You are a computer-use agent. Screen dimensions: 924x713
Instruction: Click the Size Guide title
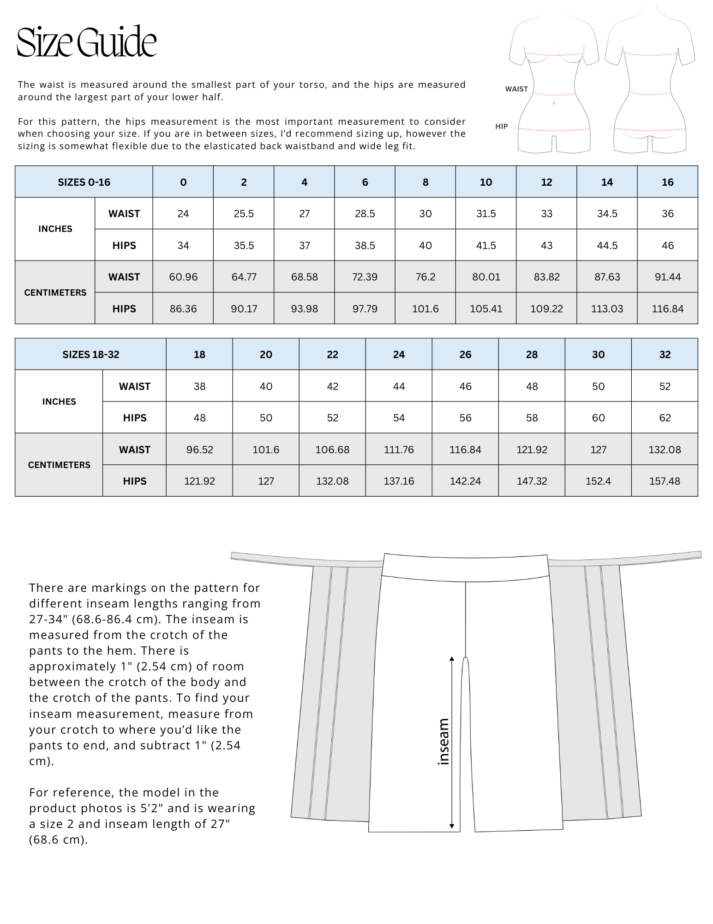87,43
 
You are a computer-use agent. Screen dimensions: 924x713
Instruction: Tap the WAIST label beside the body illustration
516,89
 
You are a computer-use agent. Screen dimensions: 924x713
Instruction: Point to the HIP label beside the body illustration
501,127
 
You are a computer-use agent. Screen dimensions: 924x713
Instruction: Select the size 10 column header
485,182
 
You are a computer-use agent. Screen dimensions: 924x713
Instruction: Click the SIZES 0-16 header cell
84,182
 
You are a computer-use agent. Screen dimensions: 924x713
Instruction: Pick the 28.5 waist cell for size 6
365,213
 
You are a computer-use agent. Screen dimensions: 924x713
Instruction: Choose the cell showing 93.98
304,309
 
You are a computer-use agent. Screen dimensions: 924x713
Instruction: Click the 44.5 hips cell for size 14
607,245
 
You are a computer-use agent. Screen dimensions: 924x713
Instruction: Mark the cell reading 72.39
365,277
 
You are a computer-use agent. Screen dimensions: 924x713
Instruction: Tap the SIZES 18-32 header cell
91,354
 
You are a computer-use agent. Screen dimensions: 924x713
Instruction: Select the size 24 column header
399,354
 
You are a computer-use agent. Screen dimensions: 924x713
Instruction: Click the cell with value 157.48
665,481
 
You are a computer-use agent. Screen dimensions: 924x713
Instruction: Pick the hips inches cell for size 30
598,418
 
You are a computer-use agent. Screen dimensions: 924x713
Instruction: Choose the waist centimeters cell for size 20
266,450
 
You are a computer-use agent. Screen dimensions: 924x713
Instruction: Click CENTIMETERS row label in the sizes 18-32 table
59,465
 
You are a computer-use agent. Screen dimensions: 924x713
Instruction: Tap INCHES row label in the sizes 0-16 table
55,229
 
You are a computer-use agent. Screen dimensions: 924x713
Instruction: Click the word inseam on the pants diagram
443,742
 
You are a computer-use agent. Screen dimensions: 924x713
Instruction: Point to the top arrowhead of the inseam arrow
452,658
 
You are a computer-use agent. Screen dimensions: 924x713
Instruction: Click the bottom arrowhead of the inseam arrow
452,826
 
